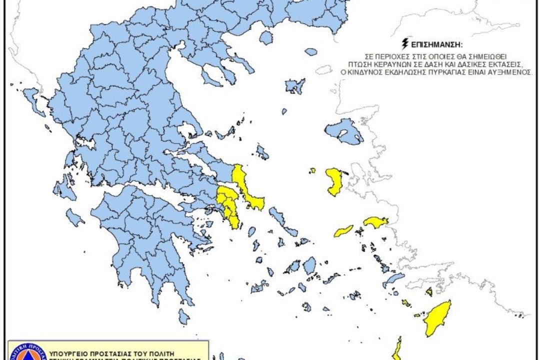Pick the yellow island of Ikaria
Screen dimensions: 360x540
click(344, 231)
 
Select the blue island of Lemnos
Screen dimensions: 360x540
click(295, 85)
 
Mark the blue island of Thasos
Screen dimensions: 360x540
click(266, 38)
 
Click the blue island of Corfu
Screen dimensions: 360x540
click(31, 95)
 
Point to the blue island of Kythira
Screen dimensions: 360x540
click(184, 316)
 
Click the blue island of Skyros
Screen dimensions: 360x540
click(262, 151)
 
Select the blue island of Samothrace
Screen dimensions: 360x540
click(311, 51)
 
